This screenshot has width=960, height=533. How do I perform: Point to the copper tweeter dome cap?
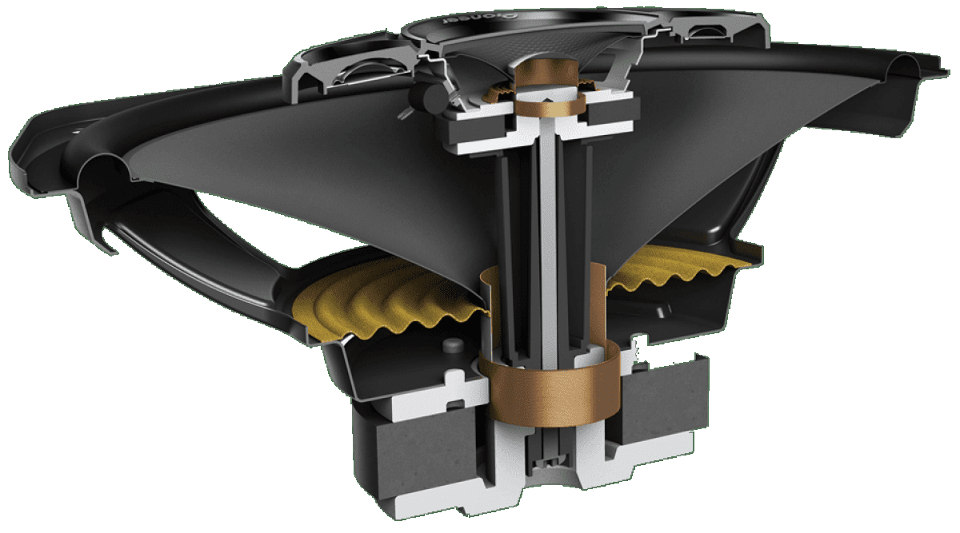[x=547, y=71]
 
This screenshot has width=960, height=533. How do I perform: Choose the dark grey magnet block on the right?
[x=664, y=408]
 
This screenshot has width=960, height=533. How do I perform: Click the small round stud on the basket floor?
[x=453, y=344]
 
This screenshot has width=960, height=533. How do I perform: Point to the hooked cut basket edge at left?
[x=104, y=240]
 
